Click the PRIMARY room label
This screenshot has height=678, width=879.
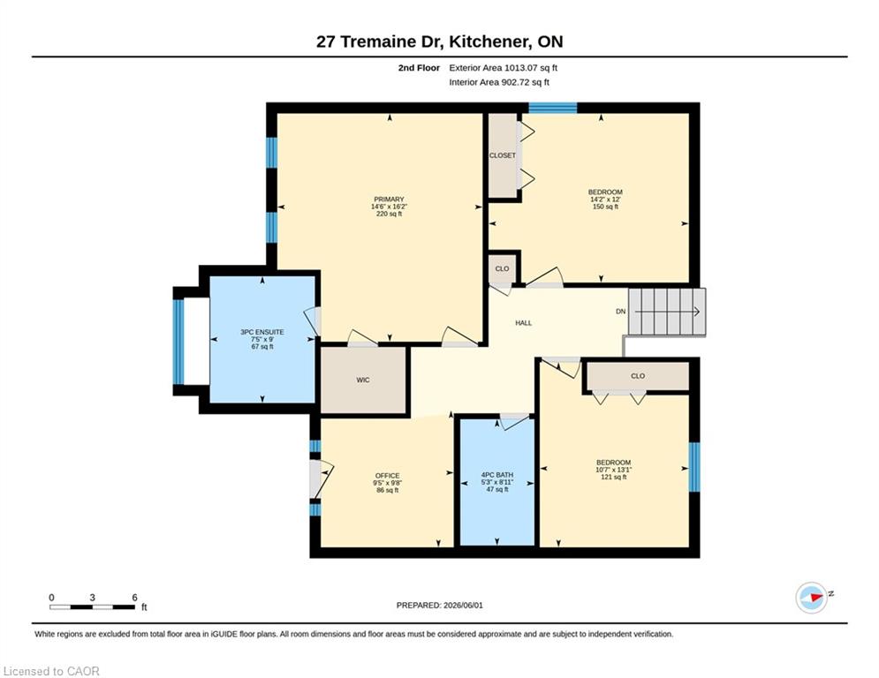pyautogui.click(x=389, y=200)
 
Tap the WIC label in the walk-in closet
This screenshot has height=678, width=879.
pyautogui.click(x=363, y=380)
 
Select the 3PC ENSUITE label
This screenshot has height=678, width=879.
pyautogui.click(x=262, y=332)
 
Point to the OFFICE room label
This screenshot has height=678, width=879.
pyautogui.click(x=387, y=476)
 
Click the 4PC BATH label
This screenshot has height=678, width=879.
pyautogui.click(x=497, y=475)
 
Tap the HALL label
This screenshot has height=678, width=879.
pyautogui.click(x=524, y=323)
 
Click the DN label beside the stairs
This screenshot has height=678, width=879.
pyautogui.click(x=620, y=312)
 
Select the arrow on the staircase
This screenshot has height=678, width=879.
pyautogui.click(x=668, y=312)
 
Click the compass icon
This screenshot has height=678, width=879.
pyautogui.click(x=812, y=598)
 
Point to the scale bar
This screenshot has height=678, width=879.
pyautogui.click(x=93, y=606)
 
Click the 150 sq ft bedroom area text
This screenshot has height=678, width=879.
pyautogui.click(x=605, y=207)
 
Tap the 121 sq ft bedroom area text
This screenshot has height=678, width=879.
pyautogui.click(x=614, y=478)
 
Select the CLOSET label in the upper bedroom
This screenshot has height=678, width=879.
pyautogui.click(x=503, y=155)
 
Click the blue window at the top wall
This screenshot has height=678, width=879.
pyautogui.click(x=553, y=108)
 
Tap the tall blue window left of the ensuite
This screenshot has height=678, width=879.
pyautogui.click(x=178, y=342)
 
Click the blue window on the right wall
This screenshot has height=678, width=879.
pyautogui.click(x=694, y=467)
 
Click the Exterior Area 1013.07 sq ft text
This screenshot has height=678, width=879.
pyautogui.click(x=504, y=68)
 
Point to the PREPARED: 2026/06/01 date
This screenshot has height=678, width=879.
pyautogui.click(x=440, y=605)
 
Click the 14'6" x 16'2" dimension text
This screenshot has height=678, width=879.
pyautogui.click(x=389, y=207)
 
